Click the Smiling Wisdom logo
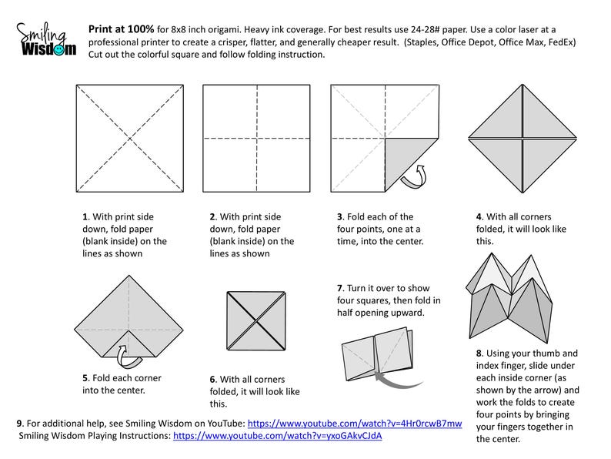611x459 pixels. [46, 39]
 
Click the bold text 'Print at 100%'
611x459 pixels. [121, 29]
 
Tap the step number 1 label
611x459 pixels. [85, 218]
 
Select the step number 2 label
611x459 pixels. [212, 218]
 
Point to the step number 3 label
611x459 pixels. [340, 216]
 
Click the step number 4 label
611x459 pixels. [479, 217]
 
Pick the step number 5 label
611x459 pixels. [85, 377]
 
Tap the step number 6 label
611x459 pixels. [212, 379]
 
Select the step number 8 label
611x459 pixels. [479, 353]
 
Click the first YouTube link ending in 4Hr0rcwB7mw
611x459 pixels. [355, 424]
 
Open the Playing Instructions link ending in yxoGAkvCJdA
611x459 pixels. [277, 435]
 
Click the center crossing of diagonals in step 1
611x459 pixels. [129, 138]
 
